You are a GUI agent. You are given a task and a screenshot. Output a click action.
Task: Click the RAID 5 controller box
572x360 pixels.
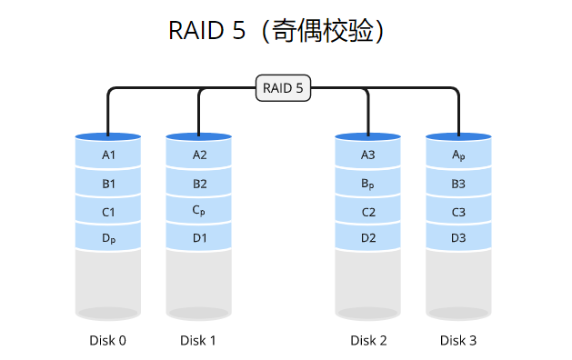(283, 88)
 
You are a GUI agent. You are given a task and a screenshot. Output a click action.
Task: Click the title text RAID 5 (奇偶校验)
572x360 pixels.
(282, 30)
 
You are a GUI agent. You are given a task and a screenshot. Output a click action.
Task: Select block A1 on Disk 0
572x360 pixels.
(108, 155)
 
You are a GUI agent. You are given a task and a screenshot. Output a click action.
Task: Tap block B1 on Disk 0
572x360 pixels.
(108, 184)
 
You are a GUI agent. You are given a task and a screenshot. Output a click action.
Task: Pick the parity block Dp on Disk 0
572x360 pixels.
(108, 239)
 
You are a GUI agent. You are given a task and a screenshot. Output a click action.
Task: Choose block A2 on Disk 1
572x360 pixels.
(199, 155)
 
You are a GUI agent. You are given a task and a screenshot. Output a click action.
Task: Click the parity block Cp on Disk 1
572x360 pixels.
(199, 211)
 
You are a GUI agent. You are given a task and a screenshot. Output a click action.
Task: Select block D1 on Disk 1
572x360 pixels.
(199, 239)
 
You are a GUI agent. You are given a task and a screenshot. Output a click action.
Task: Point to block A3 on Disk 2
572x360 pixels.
(368, 155)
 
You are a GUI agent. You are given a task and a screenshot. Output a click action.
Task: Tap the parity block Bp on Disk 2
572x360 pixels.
(368, 184)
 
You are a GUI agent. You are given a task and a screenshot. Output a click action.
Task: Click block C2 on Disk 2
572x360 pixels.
(368, 212)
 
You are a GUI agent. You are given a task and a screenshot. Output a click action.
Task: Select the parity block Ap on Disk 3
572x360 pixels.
(458, 155)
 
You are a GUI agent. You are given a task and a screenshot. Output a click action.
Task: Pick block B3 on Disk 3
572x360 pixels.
(458, 184)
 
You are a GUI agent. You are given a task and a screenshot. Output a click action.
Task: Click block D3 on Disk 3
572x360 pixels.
(458, 239)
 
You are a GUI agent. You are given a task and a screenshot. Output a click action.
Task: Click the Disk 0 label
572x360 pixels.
(108, 341)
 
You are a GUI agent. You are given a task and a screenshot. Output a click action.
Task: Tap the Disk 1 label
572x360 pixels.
(198, 341)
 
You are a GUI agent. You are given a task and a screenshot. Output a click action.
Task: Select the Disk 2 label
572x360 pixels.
(368, 341)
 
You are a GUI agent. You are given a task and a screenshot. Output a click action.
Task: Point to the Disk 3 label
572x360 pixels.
(458, 341)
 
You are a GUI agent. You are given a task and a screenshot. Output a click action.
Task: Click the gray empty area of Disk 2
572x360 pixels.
(368, 282)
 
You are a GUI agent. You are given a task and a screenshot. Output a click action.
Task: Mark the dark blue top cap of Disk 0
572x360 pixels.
(108, 135)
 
